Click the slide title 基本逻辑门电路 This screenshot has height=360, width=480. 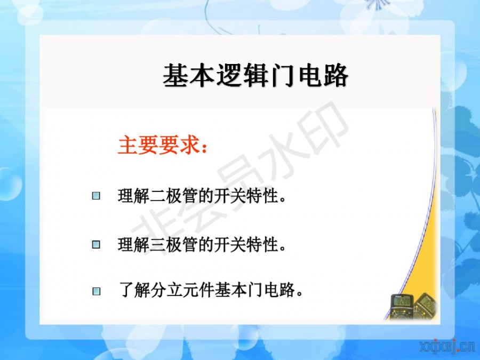point(255,76)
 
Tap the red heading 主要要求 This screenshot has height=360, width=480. point(159,145)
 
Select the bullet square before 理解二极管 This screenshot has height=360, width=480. point(96,196)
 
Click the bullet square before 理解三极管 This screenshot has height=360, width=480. point(96,244)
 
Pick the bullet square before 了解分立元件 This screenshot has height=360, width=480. point(96,291)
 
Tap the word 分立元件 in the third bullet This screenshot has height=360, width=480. point(182,290)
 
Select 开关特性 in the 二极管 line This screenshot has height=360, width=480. point(246,196)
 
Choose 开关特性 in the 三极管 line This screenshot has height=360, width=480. point(246,244)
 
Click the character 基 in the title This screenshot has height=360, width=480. point(175,76)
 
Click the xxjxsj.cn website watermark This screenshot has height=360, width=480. point(448,347)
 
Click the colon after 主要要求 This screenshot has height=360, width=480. point(204,147)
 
